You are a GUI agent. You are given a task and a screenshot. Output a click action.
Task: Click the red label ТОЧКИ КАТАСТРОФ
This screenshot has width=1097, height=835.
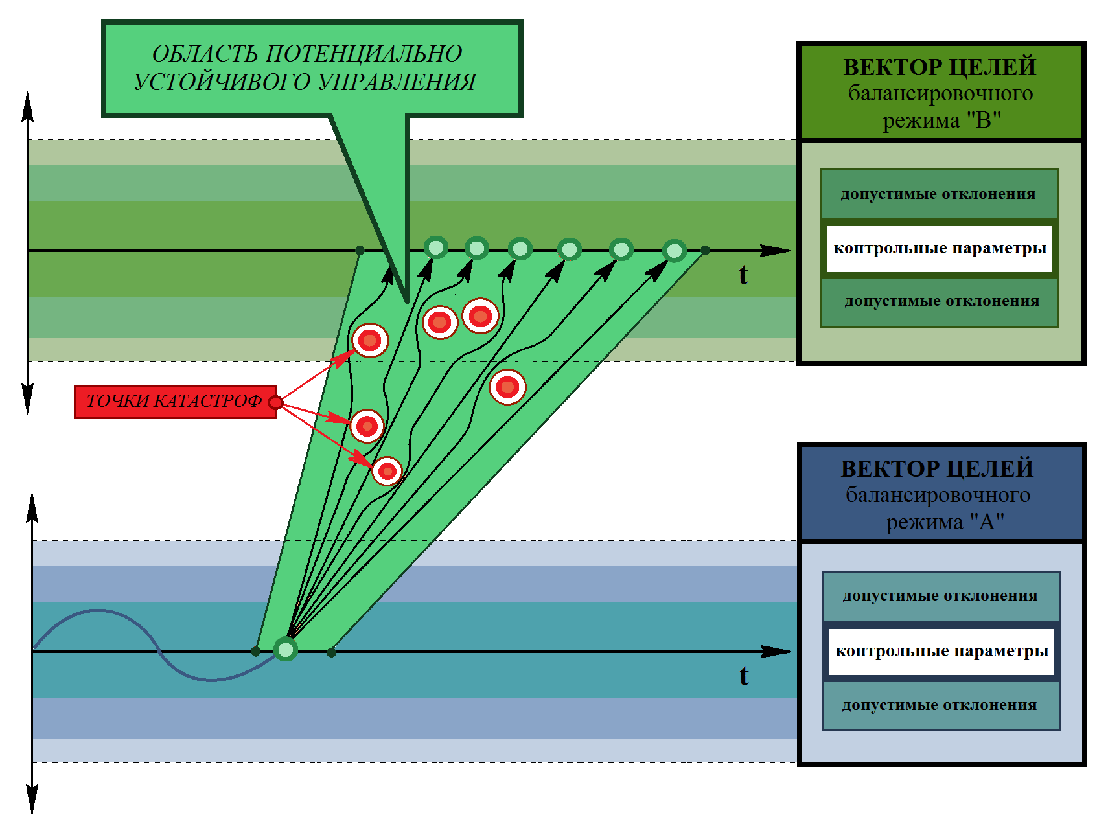click(175, 402)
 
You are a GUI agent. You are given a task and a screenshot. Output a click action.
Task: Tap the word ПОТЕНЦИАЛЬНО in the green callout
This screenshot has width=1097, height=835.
click(364, 54)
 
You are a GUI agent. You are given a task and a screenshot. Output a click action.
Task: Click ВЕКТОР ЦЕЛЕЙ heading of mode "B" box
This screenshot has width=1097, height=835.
click(940, 67)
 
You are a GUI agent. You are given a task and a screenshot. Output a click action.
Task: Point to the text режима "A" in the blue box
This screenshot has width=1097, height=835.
click(945, 521)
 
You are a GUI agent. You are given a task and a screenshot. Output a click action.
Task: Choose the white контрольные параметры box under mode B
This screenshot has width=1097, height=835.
click(940, 249)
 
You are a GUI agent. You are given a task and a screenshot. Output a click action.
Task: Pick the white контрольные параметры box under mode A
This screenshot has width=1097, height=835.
click(941, 652)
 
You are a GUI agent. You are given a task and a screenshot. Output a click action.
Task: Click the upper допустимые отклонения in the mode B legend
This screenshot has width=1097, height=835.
click(938, 194)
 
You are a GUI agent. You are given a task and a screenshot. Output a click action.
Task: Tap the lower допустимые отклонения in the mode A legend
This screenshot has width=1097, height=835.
click(940, 705)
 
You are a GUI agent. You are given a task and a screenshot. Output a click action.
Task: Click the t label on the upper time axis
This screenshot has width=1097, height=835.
click(743, 275)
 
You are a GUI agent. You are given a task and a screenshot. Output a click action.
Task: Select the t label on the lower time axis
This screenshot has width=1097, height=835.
click(744, 676)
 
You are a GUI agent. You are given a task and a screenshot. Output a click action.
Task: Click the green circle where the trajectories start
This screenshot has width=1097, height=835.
click(286, 648)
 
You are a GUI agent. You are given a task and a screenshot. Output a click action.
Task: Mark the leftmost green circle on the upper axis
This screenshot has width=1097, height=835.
click(436, 247)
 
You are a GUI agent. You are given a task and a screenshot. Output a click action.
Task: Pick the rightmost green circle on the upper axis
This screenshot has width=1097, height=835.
click(675, 251)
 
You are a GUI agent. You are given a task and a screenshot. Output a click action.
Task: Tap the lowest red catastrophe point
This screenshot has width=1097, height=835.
click(387, 472)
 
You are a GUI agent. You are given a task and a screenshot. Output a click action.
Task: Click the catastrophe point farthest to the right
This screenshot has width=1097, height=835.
click(507, 387)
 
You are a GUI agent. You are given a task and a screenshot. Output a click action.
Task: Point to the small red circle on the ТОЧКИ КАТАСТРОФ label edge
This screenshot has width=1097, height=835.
click(275, 403)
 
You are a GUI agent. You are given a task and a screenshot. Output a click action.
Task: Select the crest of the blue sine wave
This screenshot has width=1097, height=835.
click(97, 610)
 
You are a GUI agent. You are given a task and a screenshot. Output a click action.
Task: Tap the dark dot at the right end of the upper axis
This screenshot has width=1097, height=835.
click(705, 250)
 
